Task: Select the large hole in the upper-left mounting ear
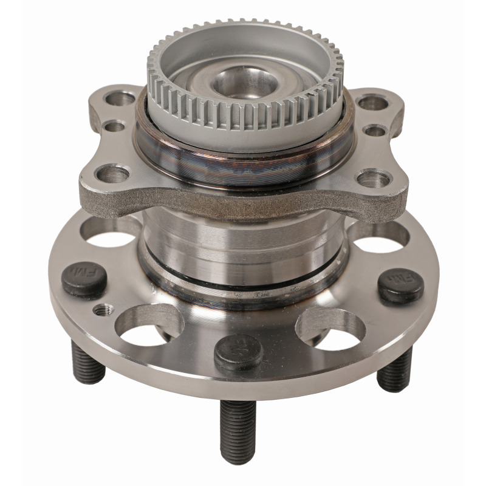(x=120, y=97)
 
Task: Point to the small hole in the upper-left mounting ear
(x=114, y=126)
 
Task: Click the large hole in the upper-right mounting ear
(x=372, y=102)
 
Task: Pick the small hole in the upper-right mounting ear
(x=375, y=130)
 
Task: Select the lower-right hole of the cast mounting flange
(x=374, y=178)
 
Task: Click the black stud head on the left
(x=85, y=278)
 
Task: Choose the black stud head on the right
(x=401, y=286)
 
